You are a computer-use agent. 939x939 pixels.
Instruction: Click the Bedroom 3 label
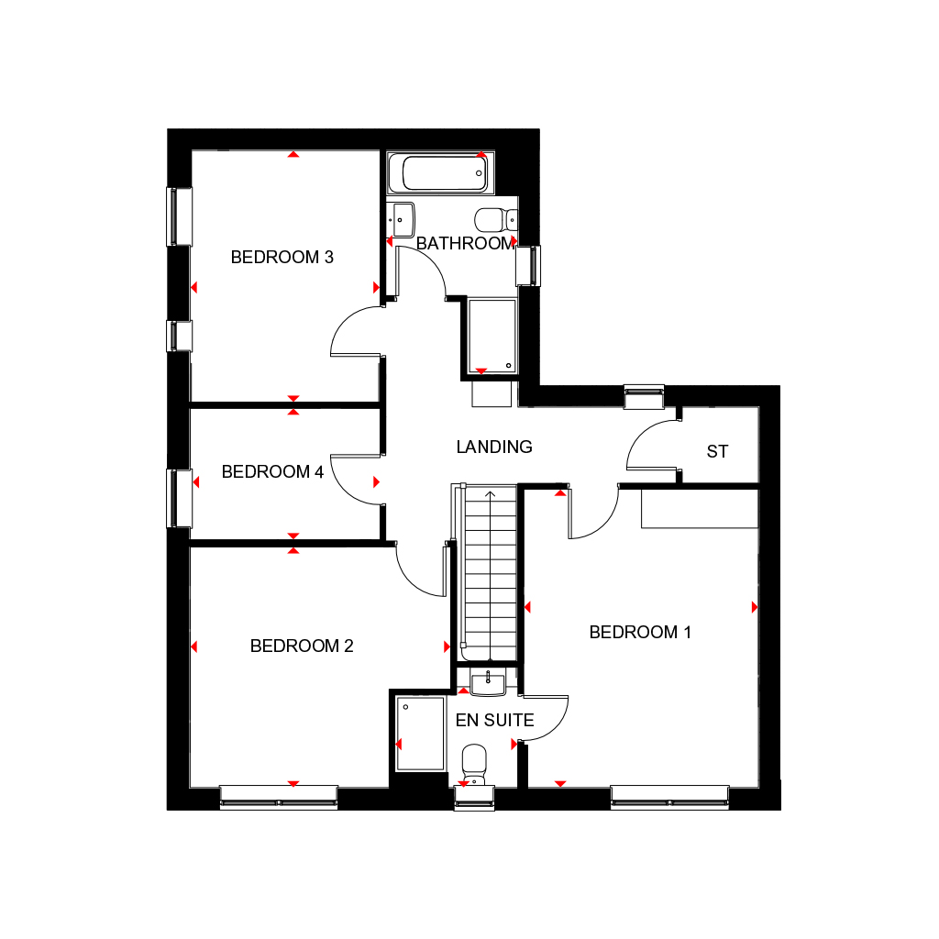click(282, 258)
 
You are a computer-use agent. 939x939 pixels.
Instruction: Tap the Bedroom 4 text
click(272, 472)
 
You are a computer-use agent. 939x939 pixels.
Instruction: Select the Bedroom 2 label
click(302, 646)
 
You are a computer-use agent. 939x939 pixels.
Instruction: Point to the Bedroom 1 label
click(640, 633)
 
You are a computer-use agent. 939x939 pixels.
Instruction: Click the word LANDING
click(494, 447)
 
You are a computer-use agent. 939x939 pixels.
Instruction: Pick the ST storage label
click(717, 452)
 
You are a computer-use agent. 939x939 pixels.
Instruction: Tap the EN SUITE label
click(494, 721)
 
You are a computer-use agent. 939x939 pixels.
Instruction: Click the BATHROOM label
click(465, 244)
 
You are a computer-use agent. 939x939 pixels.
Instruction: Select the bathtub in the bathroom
click(437, 172)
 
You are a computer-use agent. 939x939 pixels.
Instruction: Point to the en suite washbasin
click(488, 680)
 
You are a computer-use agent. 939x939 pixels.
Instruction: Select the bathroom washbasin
click(402, 219)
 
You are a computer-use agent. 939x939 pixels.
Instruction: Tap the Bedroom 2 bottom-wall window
click(279, 798)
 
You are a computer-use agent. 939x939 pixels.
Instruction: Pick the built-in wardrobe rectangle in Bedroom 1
click(700, 509)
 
